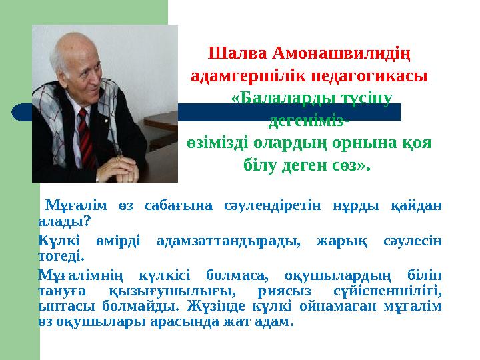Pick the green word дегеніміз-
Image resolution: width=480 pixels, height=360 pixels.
pyautogui.click(x=308, y=121)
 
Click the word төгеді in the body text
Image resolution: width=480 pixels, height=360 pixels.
pyautogui.click(x=61, y=254)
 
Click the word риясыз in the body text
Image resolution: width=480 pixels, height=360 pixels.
pyautogui.click(x=283, y=290)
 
